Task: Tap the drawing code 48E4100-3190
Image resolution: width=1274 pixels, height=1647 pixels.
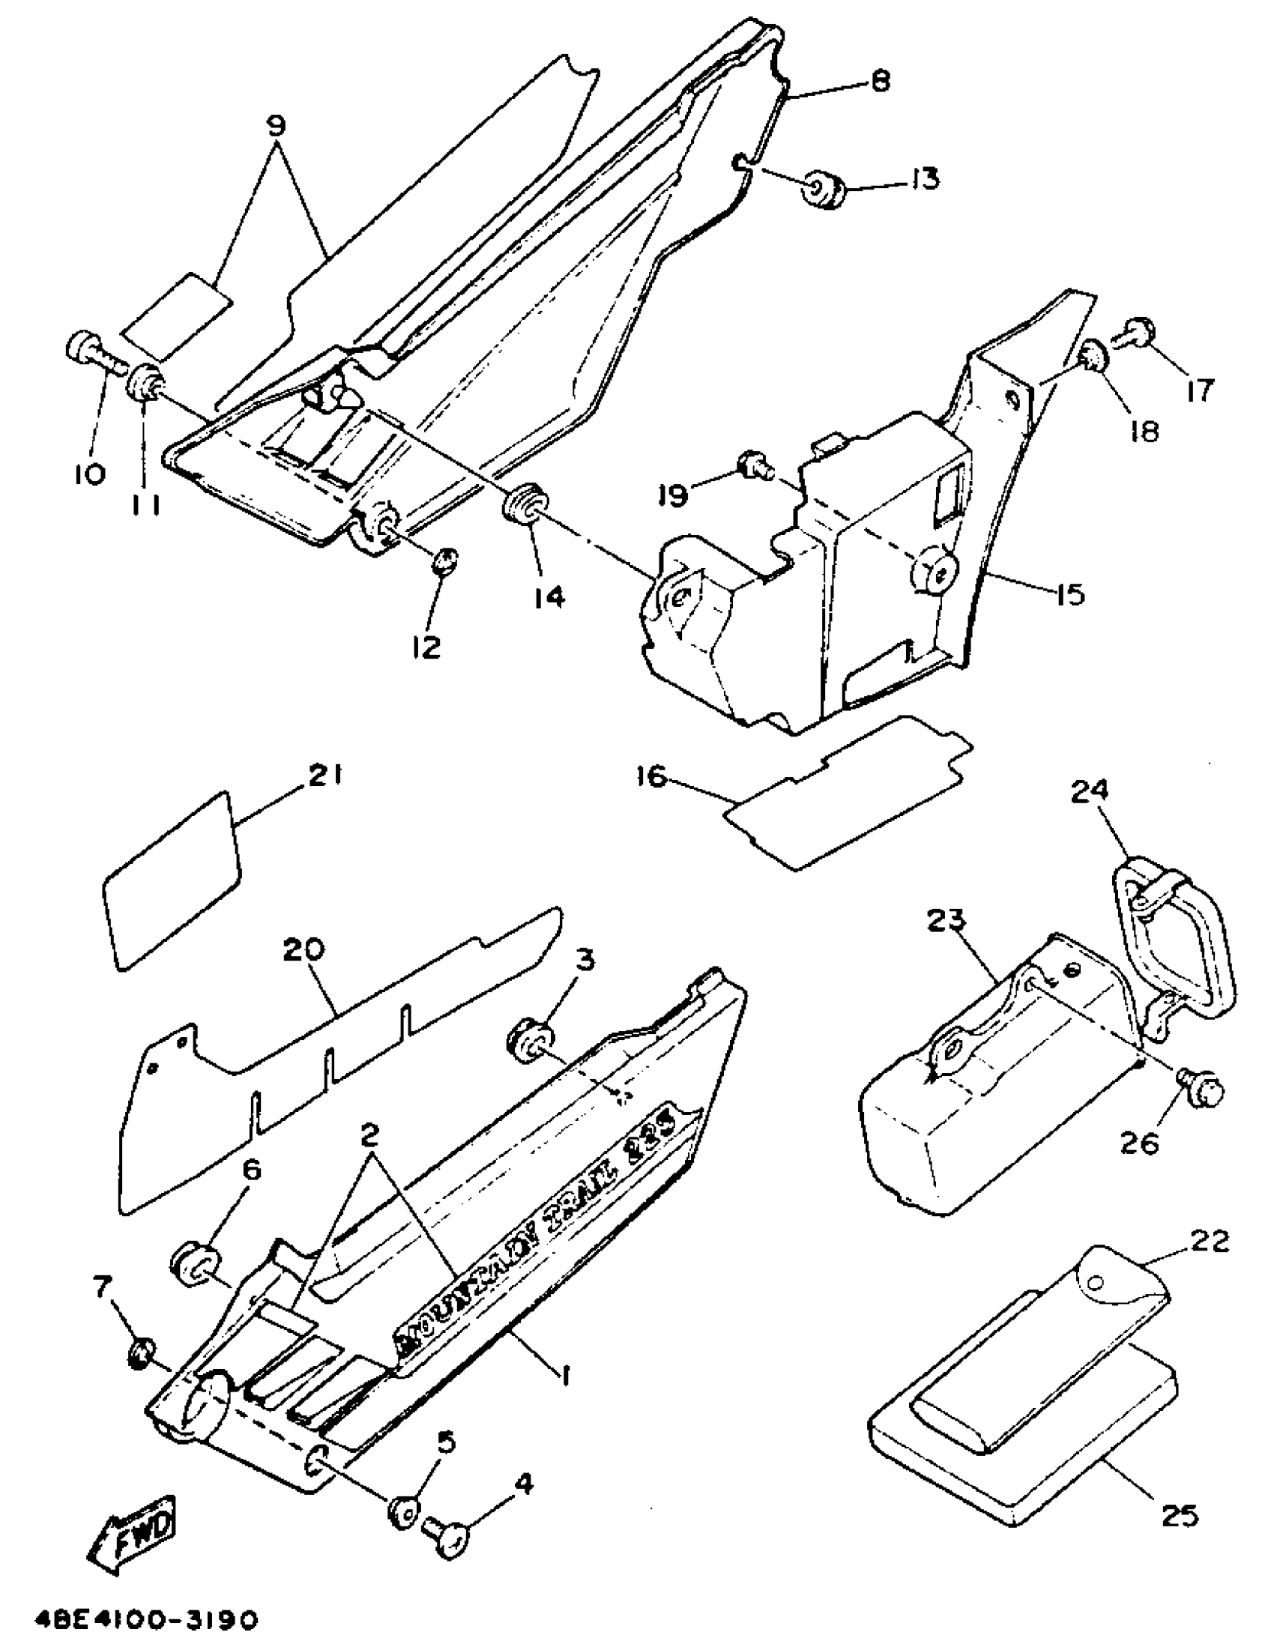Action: coord(146,1617)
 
